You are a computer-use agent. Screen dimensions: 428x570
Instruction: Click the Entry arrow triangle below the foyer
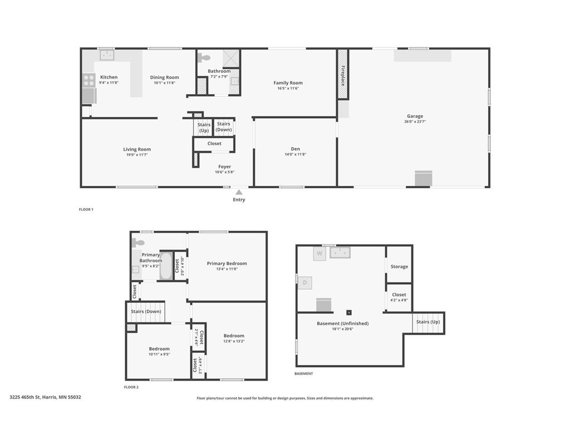[239, 192]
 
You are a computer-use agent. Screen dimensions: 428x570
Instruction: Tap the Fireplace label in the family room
[343, 75]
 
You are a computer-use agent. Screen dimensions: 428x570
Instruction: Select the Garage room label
[415, 116]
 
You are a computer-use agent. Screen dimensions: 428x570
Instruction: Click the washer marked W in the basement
[320, 254]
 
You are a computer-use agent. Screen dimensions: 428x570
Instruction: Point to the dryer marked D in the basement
[305, 283]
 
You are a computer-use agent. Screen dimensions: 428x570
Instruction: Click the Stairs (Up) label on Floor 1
[204, 128]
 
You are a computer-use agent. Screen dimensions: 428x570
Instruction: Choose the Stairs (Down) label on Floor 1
[224, 127]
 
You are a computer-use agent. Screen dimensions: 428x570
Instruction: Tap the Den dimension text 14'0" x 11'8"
[295, 154]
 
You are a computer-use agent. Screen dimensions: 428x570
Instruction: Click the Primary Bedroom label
[227, 264]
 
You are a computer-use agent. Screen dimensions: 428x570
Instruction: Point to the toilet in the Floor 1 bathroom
[205, 57]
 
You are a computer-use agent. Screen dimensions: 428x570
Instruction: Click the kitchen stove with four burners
[89, 81]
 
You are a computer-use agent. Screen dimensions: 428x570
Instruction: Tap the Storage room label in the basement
[399, 266]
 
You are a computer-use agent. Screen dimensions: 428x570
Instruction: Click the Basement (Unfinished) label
[342, 323]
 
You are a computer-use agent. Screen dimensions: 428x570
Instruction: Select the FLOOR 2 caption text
[131, 387]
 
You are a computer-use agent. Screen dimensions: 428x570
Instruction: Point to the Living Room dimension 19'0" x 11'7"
[137, 155]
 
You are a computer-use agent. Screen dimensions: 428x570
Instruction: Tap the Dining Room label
[164, 77]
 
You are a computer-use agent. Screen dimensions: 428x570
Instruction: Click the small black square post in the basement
[349, 313]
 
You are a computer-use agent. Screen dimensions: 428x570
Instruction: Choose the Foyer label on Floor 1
[224, 167]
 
